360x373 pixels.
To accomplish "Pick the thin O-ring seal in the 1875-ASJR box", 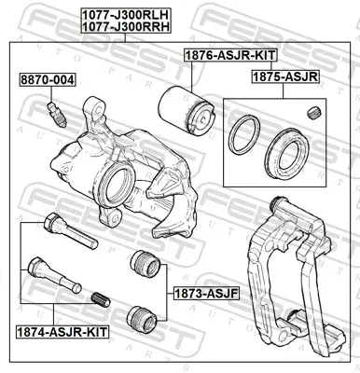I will (x=245, y=134).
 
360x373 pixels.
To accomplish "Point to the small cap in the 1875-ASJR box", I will (x=312, y=114).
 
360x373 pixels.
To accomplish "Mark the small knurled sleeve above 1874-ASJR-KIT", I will (x=103, y=299).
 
